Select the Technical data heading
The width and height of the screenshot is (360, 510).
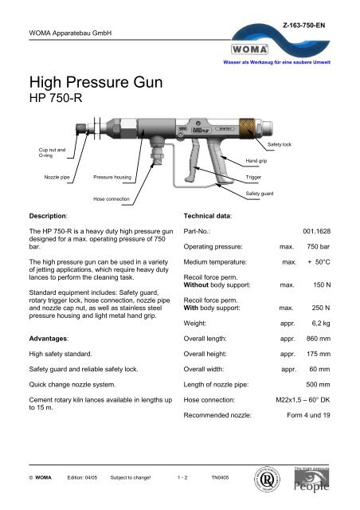209,215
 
